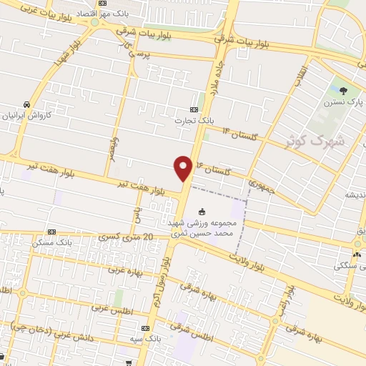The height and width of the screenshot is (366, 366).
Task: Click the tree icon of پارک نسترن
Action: click(344, 91)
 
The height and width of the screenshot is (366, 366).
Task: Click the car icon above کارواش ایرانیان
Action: click(26, 104)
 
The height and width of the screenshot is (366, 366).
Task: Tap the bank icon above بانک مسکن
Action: click(51, 232)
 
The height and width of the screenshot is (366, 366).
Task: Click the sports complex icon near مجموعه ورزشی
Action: click(201, 212)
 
